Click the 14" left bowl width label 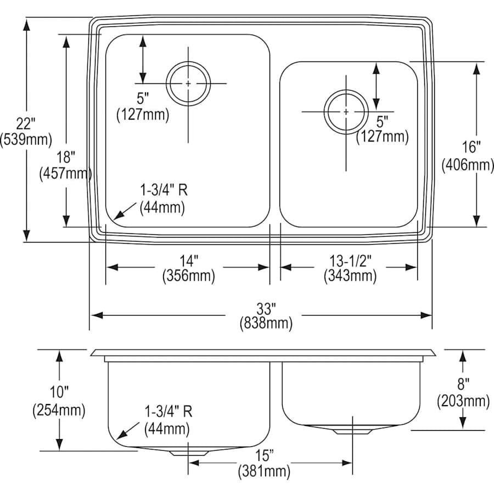pyautogui.click(x=188, y=260)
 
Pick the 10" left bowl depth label pyautogui.click(x=59, y=392)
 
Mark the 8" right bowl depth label pyautogui.click(x=464, y=384)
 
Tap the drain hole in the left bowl pyautogui.click(x=188, y=83)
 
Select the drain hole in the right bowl pyautogui.click(x=346, y=111)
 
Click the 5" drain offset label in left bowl pyautogui.click(x=143, y=99)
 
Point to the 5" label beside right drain pyautogui.click(x=382, y=120)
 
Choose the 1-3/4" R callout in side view pyautogui.click(x=168, y=411)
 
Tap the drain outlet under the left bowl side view pyautogui.click(x=188, y=453)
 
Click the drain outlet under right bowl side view pyautogui.click(x=351, y=431)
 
